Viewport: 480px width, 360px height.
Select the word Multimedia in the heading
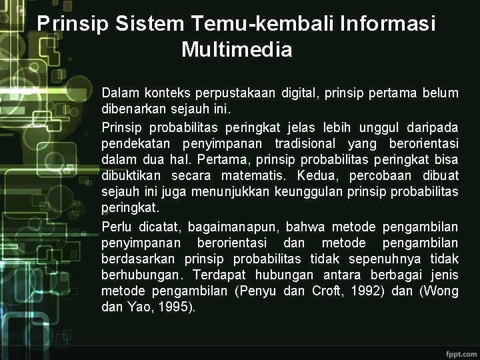pos(237,50)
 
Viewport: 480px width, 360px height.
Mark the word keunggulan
pos(311,192)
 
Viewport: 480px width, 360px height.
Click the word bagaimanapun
pos(226,227)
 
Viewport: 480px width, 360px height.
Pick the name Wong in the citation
pos(443,291)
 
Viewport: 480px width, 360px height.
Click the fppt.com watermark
pos(461,351)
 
